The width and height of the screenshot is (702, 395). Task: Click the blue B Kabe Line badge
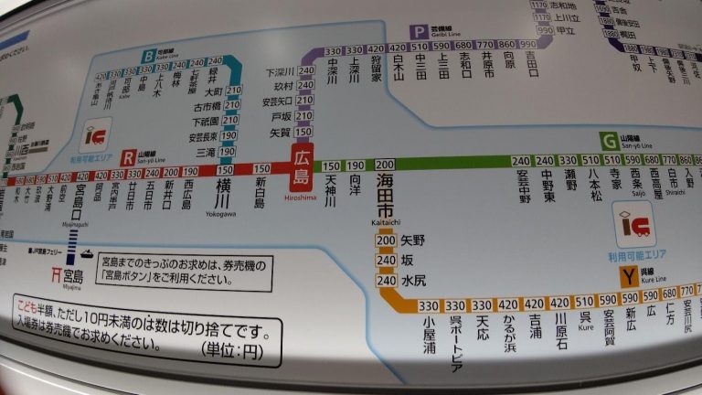pos(147,57)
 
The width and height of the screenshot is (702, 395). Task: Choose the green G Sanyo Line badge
pos(609,141)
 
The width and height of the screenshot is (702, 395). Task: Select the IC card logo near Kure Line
pos(634,222)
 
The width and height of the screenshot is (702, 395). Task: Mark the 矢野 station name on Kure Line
pos(412,240)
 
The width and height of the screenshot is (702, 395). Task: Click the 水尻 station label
pos(412,280)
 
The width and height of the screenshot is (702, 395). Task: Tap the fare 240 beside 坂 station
pos(386,260)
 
